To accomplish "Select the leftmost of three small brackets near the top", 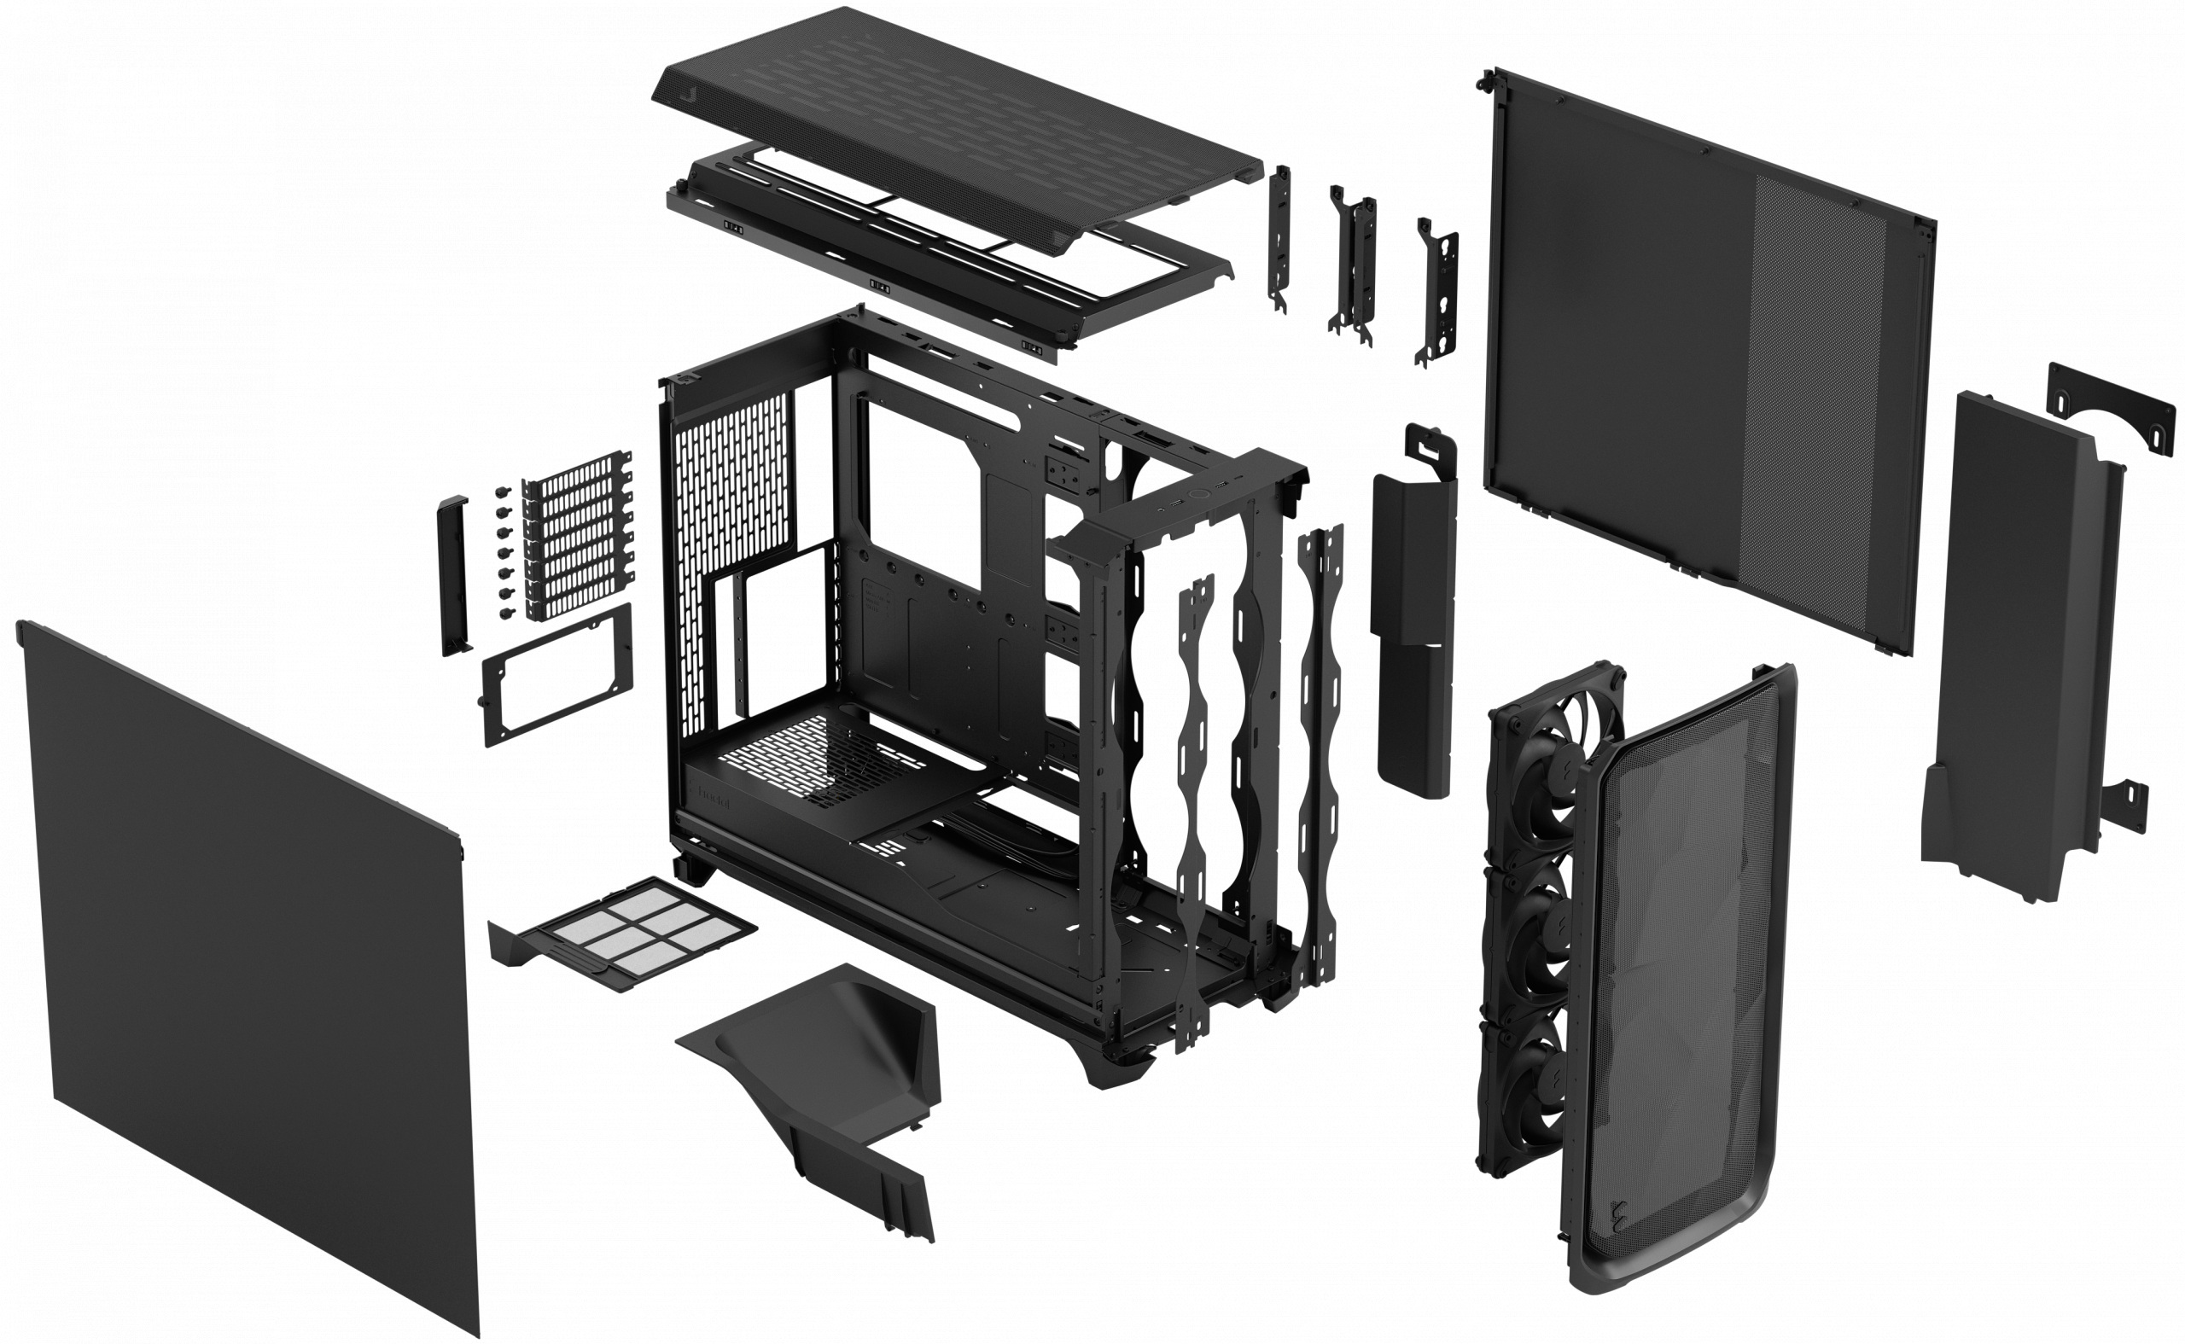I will tap(1279, 240).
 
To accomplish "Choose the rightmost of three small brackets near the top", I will tap(1436, 294).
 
